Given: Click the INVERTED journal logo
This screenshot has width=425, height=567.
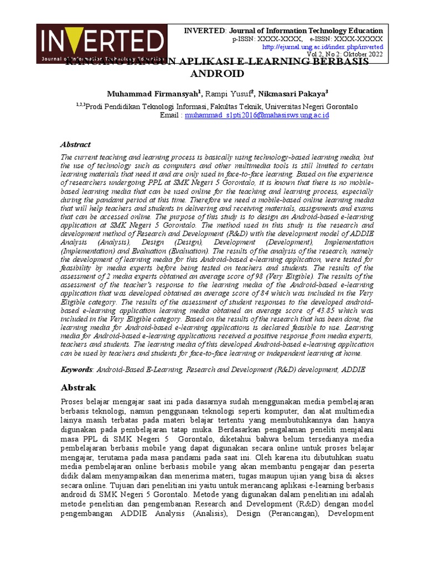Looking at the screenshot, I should click(101, 43).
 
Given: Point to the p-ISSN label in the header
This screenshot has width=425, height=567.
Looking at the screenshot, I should click(247, 39).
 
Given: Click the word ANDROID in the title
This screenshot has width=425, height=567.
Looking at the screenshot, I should click(216, 73).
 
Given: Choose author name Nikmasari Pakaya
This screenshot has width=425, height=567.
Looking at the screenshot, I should click(291, 92).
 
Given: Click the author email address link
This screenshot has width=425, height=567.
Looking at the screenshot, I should click(257, 115).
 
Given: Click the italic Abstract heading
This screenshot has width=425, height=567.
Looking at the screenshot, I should click(75, 145).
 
